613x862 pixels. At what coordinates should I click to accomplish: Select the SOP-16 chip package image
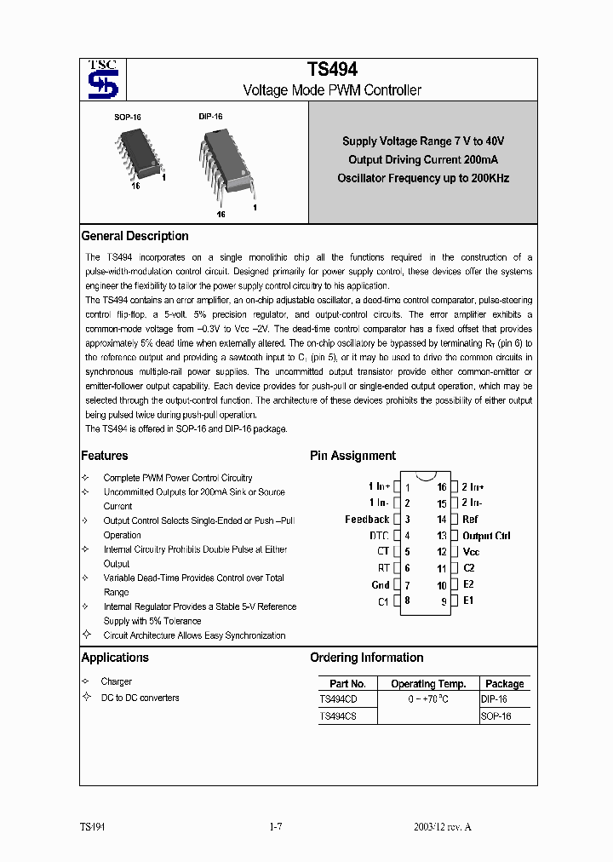pos(137,154)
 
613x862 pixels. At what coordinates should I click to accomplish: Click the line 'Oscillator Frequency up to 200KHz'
pos(422,178)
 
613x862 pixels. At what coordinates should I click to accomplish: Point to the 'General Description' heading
pos(135,236)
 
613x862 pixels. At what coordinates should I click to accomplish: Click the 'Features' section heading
pos(105,456)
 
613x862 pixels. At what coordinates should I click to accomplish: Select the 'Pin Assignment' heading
pos(352,456)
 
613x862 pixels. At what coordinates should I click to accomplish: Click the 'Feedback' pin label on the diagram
pos(367,520)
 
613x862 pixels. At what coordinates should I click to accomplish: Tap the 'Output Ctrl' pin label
pos(486,536)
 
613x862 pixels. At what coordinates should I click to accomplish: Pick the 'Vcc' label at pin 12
pos(471,552)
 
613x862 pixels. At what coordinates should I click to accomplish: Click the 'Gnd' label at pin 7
pos(381,585)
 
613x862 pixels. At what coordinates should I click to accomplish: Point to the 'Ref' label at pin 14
pos(470,520)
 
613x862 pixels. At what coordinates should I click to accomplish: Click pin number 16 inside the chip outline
pos(442,487)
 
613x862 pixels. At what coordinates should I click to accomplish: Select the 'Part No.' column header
pos(347,683)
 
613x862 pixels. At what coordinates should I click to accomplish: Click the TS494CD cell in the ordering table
pos(338,699)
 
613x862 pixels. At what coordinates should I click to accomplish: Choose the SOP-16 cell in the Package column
pos(496,716)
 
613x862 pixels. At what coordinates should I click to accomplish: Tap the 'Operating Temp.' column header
pos(428,683)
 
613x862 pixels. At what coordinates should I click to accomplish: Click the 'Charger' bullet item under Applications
pos(116,681)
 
